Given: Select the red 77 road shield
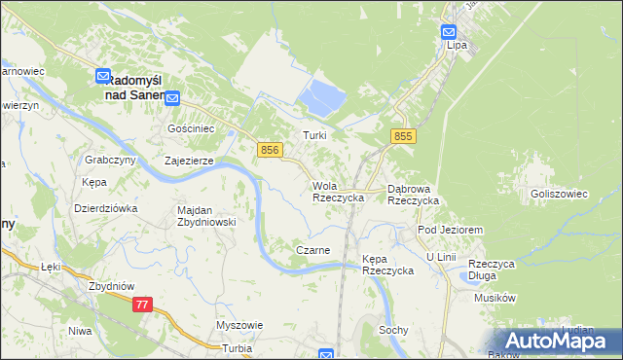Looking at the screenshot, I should tap(143, 305).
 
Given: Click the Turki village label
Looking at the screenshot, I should tap(313, 136).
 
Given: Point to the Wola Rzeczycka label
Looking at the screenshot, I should tap(338, 192).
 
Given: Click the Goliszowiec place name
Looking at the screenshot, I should tap(559, 194).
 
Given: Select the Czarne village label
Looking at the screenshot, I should tap(312, 250).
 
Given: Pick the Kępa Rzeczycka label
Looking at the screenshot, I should tap(387, 265).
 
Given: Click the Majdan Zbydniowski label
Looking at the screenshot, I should tap(206, 216).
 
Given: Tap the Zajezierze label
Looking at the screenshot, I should tap(189, 162).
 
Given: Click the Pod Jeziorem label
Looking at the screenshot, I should tap(450, 229).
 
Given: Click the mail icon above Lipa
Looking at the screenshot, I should tap(449, 31).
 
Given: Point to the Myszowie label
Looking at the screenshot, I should tap(239, 325).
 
